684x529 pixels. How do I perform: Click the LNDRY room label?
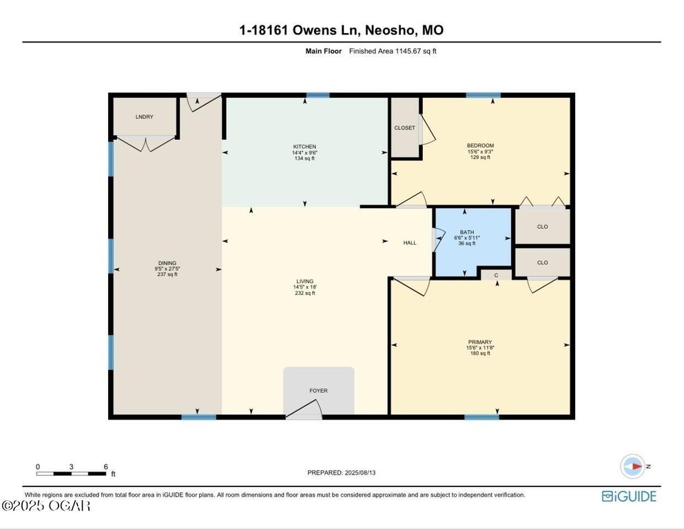coord(145,117)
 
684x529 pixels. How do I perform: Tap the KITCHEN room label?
coord(304,147)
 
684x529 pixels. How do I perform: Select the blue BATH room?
coord(473,241)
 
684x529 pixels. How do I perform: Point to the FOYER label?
coord(318,391)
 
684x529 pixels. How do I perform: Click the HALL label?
coord(410,243)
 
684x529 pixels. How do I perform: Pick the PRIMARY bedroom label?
coord(480,342)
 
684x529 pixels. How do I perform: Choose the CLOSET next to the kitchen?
coord(404,127)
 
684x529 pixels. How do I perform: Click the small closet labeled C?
coord(496,276)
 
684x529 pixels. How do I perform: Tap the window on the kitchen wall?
coord(318,95)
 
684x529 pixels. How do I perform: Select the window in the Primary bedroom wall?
coord(481,417)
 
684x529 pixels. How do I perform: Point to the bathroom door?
coord(438,240)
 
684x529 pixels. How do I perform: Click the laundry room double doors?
coord(146,143)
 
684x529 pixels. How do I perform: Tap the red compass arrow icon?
coord(636,466)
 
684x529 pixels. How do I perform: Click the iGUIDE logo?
coord(629,497)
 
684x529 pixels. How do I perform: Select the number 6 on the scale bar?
coord(105,466)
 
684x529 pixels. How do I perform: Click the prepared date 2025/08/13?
coord(360,473)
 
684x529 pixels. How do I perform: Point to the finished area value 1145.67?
coord(407,51)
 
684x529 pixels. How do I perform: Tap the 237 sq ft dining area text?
coord(167,274)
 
